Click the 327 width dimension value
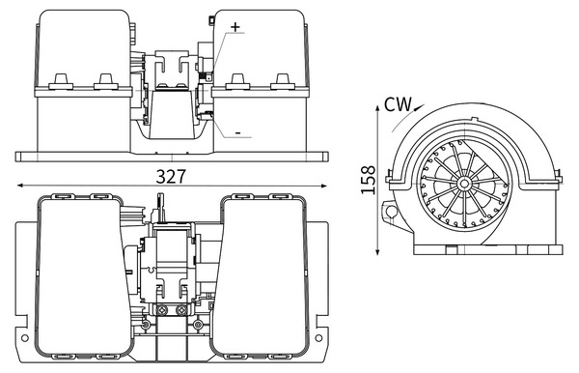170,176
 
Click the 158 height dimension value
369,180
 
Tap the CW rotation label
398,104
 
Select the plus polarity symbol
235,27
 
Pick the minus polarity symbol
238,132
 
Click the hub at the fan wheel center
464,184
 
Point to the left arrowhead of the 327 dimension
20,186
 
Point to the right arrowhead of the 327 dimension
324,186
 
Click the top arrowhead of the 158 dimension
377,109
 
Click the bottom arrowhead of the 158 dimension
377,251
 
